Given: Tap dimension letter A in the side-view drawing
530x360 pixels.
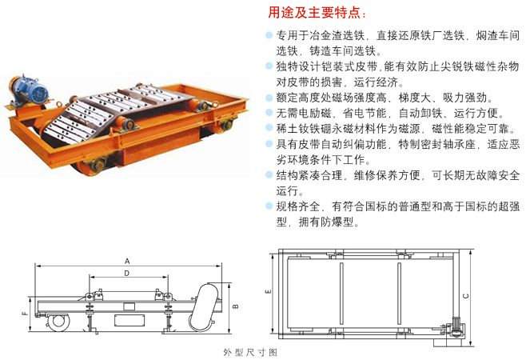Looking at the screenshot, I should pos(127,261).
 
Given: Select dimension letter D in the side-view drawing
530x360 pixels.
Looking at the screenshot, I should pos(127,274).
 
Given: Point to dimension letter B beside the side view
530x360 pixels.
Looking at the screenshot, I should pos(233,306).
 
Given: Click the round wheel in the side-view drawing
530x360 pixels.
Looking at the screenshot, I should pos(58,321).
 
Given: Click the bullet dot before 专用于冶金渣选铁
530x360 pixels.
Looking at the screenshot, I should pos(268,36).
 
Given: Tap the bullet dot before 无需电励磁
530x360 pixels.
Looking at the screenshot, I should pos(268,112).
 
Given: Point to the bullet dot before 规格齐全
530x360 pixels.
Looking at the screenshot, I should pos(268,206).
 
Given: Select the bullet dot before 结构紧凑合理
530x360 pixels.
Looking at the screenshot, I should pos(268,174).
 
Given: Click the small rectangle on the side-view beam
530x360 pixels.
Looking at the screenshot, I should pos(126,319).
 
